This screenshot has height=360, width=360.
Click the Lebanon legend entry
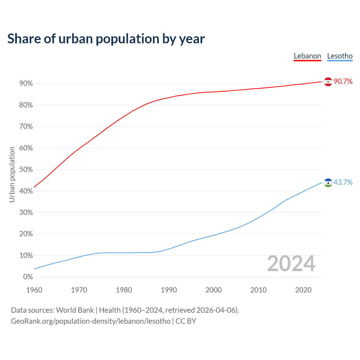[307, 56]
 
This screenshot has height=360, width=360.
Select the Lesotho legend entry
[340, 56]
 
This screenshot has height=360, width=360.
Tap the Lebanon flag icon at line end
[328, 82]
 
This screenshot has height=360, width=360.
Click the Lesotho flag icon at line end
[328, 183]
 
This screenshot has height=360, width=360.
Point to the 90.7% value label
[343, 82]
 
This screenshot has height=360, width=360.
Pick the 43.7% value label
[343, 183]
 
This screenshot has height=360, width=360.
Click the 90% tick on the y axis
[26, 84]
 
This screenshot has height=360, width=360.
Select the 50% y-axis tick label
[26, 170]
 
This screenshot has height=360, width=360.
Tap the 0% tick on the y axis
[28, 277]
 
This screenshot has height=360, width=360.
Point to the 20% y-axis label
[26, 234]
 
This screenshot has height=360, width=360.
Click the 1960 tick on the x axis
[34, 290]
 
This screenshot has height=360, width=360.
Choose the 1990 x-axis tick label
[169, 290]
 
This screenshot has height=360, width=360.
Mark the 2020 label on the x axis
[303, 290]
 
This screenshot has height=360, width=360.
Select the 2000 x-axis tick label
[213, 290]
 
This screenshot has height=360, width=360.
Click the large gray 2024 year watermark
[291, 264]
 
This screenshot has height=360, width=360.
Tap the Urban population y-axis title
[12, 174]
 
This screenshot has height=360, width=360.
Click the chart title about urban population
[106, 39]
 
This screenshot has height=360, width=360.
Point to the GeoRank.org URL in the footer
[91, 321]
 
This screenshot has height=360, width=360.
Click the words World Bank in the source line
[75, 310]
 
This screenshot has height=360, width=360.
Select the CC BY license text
[186, 321]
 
